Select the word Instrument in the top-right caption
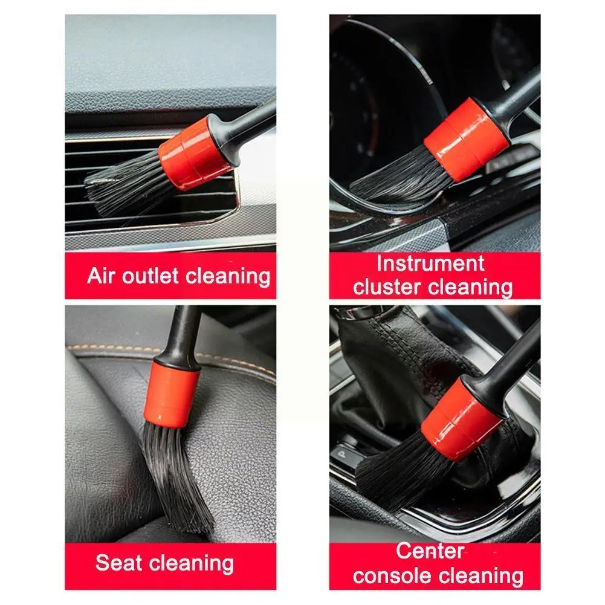[x=430, y=264]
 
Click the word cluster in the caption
[x=389, y=287]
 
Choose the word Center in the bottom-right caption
[x=430, y=551]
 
